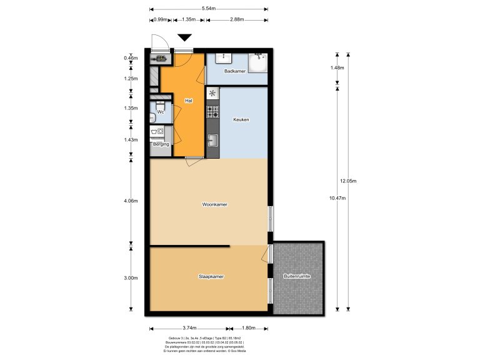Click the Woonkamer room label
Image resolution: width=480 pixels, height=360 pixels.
pyautogui.click(x=214, y=204)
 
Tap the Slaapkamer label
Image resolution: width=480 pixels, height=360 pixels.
pyautogui.click(x=211, y=276)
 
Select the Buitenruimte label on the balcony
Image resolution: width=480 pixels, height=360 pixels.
pyautogui.click(x=297, y=276)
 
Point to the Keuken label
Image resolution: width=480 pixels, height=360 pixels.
pyautogui.click(x=241, y=119)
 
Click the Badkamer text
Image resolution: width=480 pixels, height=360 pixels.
pyautogui.click(x=235, y=72)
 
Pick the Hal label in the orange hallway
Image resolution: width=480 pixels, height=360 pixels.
pyautogui.click(x=188, y=100)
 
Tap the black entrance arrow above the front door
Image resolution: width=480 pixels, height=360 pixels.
pyautogui.click(x=185, y=38)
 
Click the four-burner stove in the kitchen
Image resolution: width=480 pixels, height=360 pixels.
pyautogui.click(x=213, y=112)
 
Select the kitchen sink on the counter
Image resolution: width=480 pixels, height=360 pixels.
pyautogui.click(x=213, y=140)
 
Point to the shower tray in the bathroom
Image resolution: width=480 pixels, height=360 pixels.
pyautogui.click(x=257, y=63)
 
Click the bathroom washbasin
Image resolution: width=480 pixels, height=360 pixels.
pyautogui.click(x=223, y=57)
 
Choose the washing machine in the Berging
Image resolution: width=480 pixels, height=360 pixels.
pyautogui.click(x=160, y=132)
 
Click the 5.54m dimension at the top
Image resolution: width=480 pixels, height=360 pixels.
pyautogui.click(x=209, y=9)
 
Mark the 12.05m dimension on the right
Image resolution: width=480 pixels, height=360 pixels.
pyautogui.click(x=347, y=181)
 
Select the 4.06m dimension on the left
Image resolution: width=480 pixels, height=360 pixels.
pyautogui.click(x=131, y=201)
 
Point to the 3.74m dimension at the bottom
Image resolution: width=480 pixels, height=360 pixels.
pyautogui.click(x=189, y=328)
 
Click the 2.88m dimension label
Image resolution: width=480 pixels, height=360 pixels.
pyautogui.click(x=236, y=20)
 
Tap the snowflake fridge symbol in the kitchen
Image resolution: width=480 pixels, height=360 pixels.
pyautogui.click(x=213, y=94)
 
